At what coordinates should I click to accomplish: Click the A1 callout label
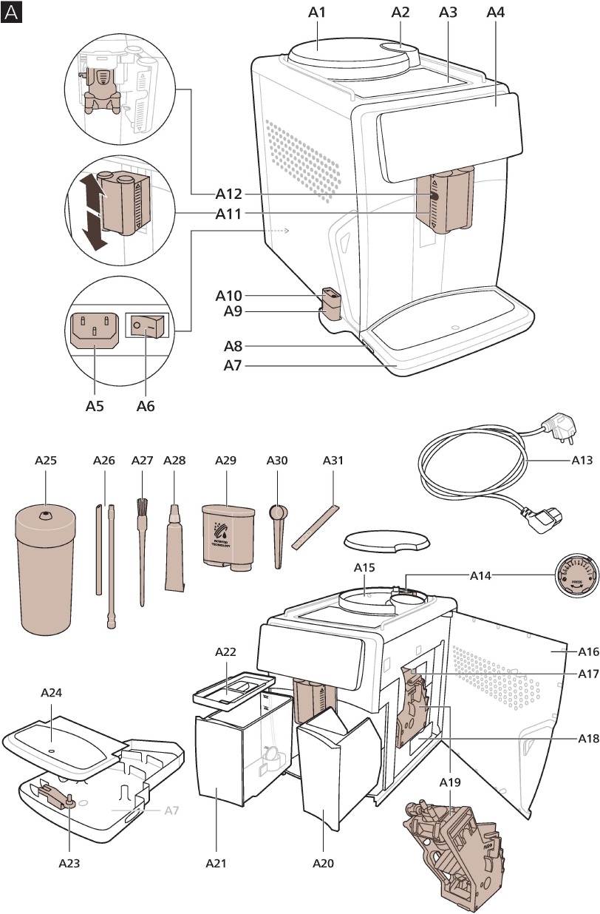pos(318,12)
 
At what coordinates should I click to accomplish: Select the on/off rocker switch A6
pos(147,325)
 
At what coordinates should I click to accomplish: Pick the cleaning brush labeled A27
pos(142,547)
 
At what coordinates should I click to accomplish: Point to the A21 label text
pos(215,862)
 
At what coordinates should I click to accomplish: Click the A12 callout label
pos(229,194)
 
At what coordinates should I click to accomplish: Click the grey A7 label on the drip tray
pos(171,810)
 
